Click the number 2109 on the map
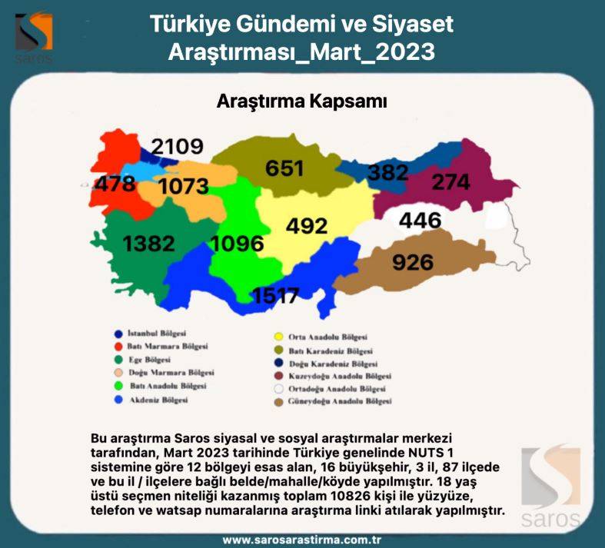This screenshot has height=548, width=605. click(177, 146)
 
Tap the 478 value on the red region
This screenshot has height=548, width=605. click(115, 184)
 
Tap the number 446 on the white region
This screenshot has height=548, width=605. click(420, 221)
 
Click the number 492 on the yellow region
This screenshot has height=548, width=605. click(306, 226)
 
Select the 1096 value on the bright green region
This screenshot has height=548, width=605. click(237, 244)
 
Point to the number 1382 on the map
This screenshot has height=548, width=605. click(149, 244)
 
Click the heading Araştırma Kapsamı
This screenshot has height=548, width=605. click(301, 101)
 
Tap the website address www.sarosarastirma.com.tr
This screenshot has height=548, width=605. click(302, 540)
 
